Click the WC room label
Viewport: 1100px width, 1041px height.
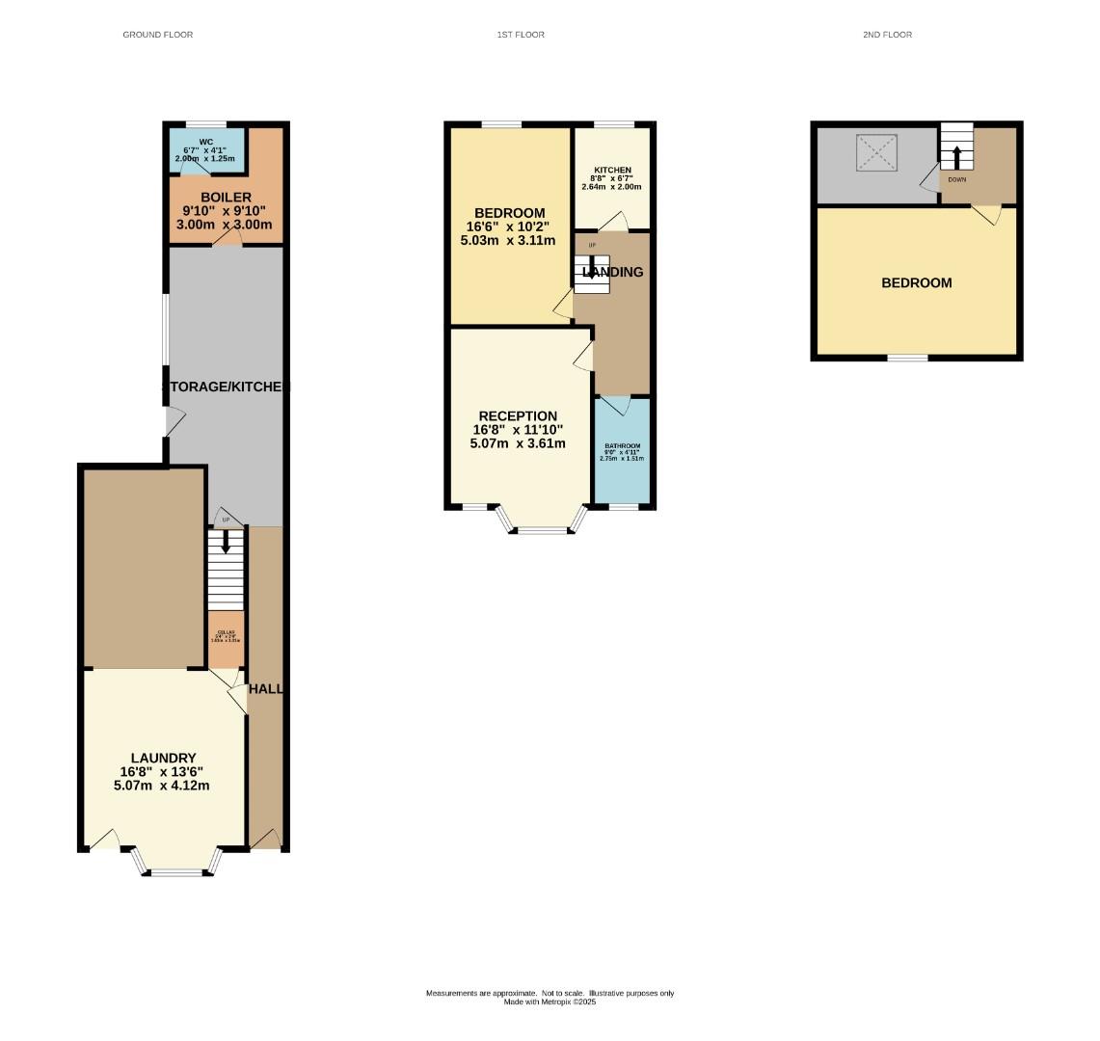(204, 143)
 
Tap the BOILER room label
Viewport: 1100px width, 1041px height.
(226, 198)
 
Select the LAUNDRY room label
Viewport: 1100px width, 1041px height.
(164, 759)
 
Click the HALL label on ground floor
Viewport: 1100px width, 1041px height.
(265, 689)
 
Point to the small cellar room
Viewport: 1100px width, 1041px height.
(227, 638)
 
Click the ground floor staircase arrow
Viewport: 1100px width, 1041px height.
(226, 543)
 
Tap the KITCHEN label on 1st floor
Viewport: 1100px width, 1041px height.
(611, 171)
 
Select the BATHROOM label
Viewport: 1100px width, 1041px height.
(622, 446)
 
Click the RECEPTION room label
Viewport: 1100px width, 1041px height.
(518, 416)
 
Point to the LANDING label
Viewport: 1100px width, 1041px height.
(613, 272)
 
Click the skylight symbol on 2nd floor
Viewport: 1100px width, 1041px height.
(876, 153)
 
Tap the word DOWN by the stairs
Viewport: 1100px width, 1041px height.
(956, 179)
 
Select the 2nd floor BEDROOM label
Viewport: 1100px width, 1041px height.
(916, 282)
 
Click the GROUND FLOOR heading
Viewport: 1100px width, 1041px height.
(157, 35)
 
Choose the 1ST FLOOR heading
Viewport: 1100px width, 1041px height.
(521, 35)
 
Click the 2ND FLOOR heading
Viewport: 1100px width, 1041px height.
(887, 35)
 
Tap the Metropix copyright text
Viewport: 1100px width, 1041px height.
(550, 1002)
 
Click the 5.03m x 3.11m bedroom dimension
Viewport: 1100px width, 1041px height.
(510, 241)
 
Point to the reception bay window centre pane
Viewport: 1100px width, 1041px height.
(545, 529)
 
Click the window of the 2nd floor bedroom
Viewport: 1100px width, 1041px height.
(907, 358)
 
